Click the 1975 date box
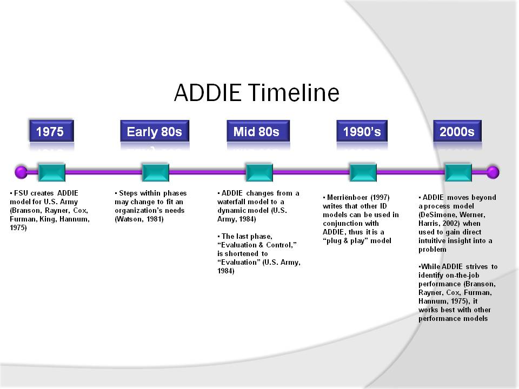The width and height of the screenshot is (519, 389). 51,131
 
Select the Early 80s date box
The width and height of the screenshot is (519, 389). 155,131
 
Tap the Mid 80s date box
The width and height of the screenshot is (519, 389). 258,131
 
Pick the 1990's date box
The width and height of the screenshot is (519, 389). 362,131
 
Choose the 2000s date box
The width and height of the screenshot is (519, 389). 457,131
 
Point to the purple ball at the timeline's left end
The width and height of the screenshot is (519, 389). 21,172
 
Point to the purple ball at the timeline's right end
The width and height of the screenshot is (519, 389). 493,172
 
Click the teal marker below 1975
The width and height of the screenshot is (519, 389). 52,172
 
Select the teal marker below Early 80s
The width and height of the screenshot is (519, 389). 155,172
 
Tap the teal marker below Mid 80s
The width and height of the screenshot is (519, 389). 259,172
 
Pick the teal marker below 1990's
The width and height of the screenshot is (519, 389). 363,172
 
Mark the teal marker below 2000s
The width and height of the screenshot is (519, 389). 458,172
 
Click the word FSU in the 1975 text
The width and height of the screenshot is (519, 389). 21,193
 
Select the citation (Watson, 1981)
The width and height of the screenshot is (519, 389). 139,219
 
